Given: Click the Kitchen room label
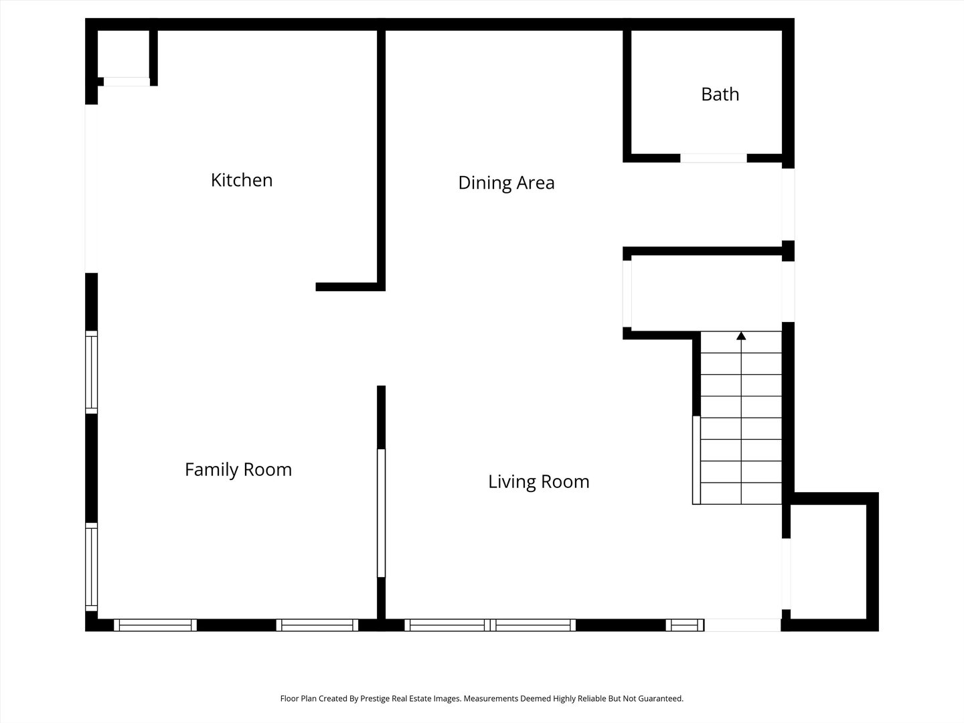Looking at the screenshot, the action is (242, 181).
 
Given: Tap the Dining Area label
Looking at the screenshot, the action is (506, 183).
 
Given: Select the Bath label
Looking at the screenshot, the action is (720, 94).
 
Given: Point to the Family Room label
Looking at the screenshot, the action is (238, 470).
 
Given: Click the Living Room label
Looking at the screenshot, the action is (538, 481).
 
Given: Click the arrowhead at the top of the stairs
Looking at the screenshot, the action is (741, 336).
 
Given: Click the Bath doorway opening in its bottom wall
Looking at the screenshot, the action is (714, 158).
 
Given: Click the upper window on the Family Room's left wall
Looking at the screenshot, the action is (91, 372).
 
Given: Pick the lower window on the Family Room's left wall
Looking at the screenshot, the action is (91, 567).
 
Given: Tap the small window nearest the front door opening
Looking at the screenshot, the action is (685, 625).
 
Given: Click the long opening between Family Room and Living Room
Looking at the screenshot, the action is (381, 513).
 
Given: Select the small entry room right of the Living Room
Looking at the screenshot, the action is (828, 562).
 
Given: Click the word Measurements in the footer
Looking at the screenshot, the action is (491, 698).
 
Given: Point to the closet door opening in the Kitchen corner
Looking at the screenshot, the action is (127, 82).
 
